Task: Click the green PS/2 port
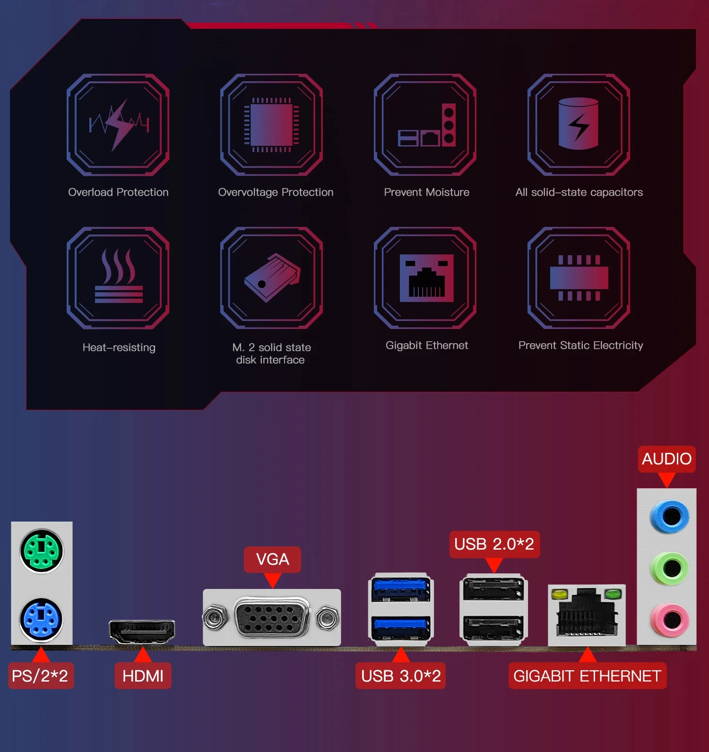(x=42, y=551)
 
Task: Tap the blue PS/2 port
(x=41, y=619)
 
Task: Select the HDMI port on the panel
(x=142, y=631)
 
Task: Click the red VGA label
(x=272, y=559)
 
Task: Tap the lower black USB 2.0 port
(x=493, y=628)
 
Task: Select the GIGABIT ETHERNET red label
(x=587, y=676)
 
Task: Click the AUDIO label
(x=666, y=458)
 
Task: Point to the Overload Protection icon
(x=118, y=125)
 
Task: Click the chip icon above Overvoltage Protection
(x=271, y=125)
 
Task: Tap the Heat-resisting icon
(x=118, y=278)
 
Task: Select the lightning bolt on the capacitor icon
(x=579, y=127)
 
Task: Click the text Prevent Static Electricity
(x=580, y=346)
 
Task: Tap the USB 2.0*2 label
(x=494, y=544)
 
